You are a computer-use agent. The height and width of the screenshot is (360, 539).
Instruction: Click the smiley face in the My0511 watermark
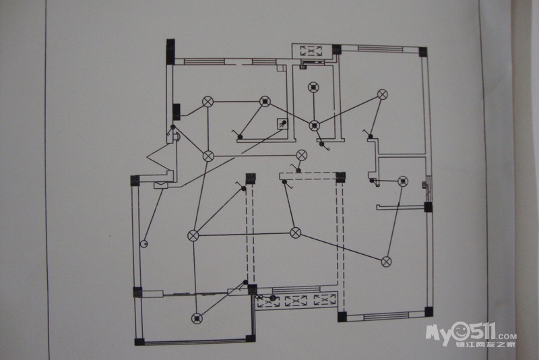[460, 331]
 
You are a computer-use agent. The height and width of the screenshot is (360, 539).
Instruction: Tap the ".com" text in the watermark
[506, 336]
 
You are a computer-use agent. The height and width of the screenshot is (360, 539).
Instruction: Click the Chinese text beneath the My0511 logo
[486, 344]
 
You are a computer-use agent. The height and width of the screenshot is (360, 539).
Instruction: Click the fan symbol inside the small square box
[283, 124]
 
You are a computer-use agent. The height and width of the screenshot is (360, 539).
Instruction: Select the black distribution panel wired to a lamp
[177, 112]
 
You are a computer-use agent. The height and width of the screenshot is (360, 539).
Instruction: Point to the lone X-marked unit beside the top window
[311, 51]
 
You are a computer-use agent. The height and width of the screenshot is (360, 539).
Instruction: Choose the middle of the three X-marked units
[295, 301]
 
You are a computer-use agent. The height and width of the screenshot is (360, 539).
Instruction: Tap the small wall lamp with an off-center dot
[144, 244]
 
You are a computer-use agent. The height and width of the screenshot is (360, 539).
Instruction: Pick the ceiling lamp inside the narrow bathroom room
[313, 88]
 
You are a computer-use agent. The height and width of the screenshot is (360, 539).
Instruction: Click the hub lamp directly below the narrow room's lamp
[314, 125]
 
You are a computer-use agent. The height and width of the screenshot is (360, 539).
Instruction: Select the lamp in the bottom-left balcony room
[197, 318]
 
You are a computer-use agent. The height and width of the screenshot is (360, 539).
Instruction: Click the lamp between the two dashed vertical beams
[296, 233]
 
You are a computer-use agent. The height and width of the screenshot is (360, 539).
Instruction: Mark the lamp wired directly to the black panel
[208, 102]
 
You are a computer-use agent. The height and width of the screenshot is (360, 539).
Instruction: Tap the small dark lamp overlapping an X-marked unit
[273, 298]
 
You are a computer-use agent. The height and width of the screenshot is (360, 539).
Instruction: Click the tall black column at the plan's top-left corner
[170, 52]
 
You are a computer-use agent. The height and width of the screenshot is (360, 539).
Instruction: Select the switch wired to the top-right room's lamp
[371, 136]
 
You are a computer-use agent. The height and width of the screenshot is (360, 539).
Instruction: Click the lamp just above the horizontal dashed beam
[301, 155]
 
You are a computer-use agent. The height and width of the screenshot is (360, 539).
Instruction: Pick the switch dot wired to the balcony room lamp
[245, 282]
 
